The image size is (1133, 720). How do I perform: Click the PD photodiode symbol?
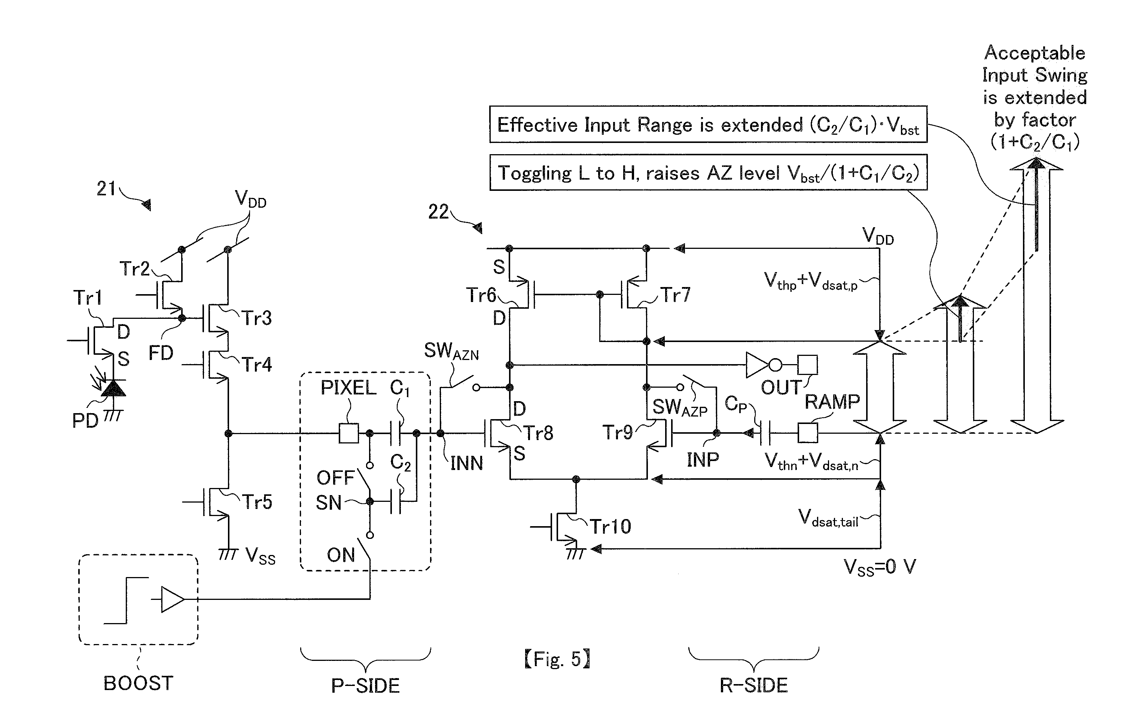[113, 388]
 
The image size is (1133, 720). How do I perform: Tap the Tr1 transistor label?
[88, 298]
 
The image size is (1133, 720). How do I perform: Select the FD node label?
[161, 353]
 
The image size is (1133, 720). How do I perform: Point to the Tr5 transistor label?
[257, 502]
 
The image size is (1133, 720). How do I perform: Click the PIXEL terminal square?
[348, 433]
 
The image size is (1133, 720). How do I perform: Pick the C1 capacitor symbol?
[396, 433]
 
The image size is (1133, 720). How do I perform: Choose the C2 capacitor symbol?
[396, 502]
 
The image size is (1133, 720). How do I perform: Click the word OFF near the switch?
[335, 478]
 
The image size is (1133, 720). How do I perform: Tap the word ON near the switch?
[341, 555]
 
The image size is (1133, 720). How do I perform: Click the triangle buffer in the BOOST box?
[173, 599]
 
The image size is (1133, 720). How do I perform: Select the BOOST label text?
[138, 683]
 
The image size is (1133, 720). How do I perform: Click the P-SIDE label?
[365, 685]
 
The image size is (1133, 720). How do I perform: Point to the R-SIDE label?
[754, 685]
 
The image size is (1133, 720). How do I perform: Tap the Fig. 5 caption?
[557, 659]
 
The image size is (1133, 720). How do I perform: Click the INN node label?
[466, 463]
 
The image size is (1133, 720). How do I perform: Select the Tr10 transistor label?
[610, 526]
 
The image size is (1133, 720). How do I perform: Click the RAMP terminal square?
[808, 433]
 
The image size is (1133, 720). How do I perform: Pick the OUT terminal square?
[808, 364]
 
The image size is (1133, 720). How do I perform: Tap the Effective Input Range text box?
[708, 124]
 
